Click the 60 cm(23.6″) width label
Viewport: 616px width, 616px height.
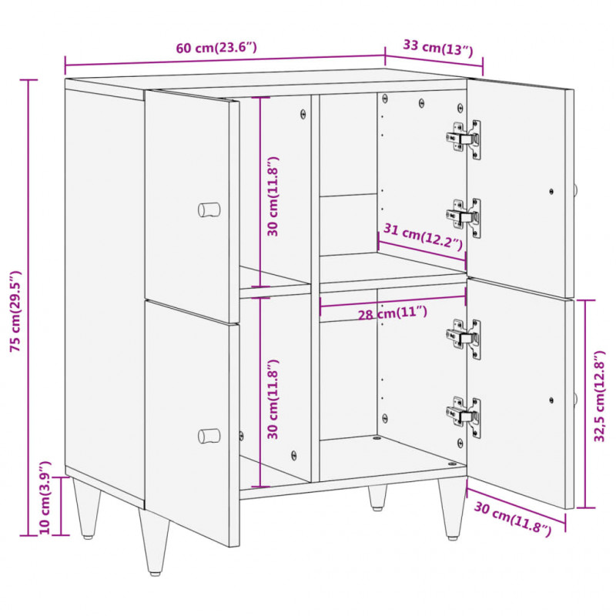coord(216,48)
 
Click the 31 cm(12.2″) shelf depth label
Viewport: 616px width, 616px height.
coord(423,237)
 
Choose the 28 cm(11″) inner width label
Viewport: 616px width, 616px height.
coord(392,313)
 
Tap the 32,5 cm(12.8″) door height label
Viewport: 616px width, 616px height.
coord(600,396)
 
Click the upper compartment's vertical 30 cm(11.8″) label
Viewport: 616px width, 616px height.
coord(273,196)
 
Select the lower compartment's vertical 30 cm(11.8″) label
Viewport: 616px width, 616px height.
coord(273,399)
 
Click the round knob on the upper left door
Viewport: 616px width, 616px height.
coord(209,209)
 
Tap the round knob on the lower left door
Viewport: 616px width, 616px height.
coord(209,436)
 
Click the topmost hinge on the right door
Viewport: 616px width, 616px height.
coord(464,139)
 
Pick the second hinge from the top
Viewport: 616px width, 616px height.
coord(464,218)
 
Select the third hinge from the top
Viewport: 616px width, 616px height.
coord(464,339)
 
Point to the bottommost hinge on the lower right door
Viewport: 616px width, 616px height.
coord(464,417)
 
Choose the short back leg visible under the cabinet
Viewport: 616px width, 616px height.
coord(377,497)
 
